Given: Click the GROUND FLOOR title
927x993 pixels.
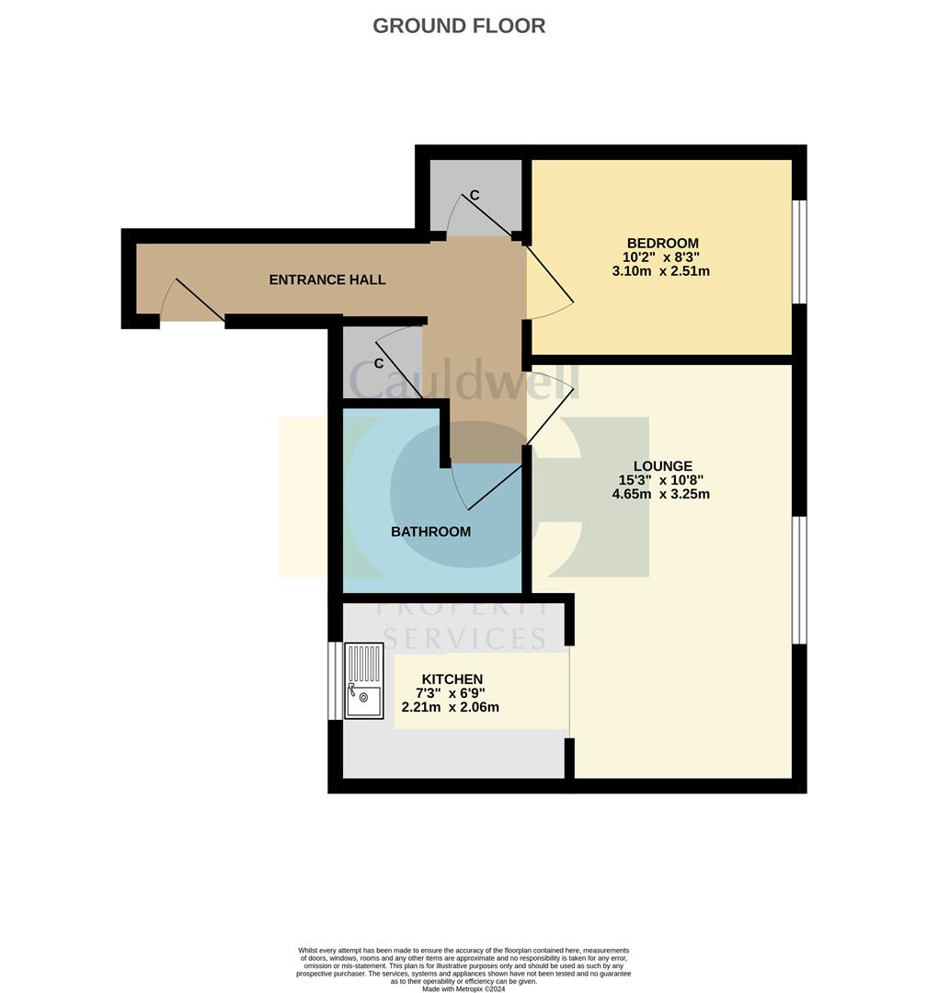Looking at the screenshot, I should pos(459,26).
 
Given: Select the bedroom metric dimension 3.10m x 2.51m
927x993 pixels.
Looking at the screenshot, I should pos(660,271).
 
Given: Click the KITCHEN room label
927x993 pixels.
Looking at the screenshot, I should pos(452,679).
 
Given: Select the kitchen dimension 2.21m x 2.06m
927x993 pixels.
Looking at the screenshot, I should pos(451,707).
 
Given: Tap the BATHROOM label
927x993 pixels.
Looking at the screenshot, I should pos(430,531).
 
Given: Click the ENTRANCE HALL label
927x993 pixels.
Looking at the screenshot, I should pos(326,280).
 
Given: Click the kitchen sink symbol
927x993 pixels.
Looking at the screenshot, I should pos(363,680).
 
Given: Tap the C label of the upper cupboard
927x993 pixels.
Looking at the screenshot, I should pos(475,195).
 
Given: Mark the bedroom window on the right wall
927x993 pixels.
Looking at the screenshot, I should pos(799,251).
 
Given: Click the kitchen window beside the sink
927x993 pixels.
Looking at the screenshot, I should pos(335,680).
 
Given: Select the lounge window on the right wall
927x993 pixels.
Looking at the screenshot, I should pos(799,580).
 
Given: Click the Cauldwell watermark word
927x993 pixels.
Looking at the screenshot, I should pos(463,378).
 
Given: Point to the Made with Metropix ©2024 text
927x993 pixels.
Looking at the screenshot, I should pos(463,988).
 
